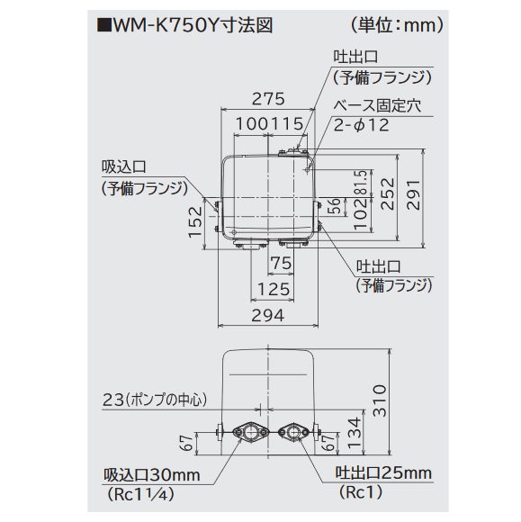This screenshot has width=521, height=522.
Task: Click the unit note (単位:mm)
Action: click(x=397, y=25)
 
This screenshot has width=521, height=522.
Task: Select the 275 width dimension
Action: click(x=268, y=99)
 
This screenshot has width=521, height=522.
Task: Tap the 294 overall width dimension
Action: click(x=268, y=315)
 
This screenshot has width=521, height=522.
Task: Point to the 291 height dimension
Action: click(x=414, y=194)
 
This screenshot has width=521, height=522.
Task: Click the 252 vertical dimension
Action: click(x=388, y=194)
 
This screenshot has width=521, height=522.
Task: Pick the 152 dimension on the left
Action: click(x=195, y=221)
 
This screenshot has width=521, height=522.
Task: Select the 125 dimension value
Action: click(x=274, y=289)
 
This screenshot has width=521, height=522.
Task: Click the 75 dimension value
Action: click(x=282, y=264)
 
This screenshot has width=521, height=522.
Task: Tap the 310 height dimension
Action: click(x=380, y=400)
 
